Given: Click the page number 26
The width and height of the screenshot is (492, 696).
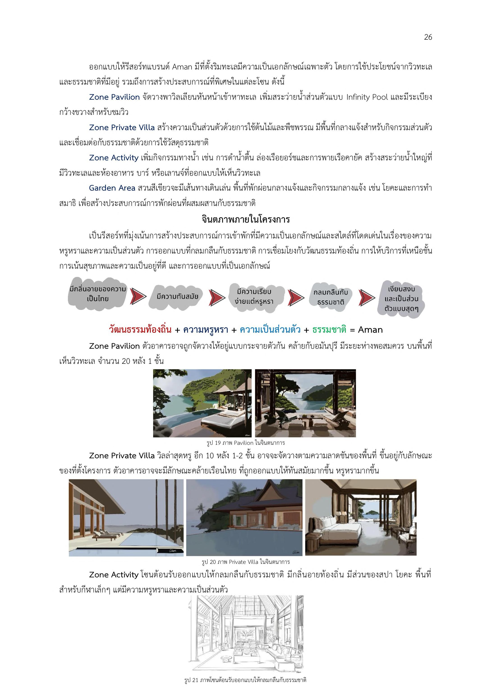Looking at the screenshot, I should pos(428,37).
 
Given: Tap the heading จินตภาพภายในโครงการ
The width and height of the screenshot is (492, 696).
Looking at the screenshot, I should pos(246,219).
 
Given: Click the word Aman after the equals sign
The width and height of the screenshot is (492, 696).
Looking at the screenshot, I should pos(370,330).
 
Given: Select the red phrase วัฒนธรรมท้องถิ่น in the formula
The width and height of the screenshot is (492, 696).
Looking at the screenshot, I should pos(140,330).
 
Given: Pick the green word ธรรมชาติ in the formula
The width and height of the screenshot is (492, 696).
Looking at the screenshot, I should pos(329,330).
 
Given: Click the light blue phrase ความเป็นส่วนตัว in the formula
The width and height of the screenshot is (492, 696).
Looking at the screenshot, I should pos(270,330).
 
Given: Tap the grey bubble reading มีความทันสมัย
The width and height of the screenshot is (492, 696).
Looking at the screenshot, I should pos(177,297).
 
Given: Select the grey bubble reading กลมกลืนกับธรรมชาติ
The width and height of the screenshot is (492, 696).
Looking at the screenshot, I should pos(331,297).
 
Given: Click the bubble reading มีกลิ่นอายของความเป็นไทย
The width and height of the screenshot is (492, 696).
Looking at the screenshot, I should pos(98,293).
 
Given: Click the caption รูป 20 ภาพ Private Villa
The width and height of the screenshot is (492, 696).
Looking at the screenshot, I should pos(246,562).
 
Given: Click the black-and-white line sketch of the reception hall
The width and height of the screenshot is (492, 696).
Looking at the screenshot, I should pos(246,632).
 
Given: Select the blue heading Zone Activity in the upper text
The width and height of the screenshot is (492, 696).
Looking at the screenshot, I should pos(114,158).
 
